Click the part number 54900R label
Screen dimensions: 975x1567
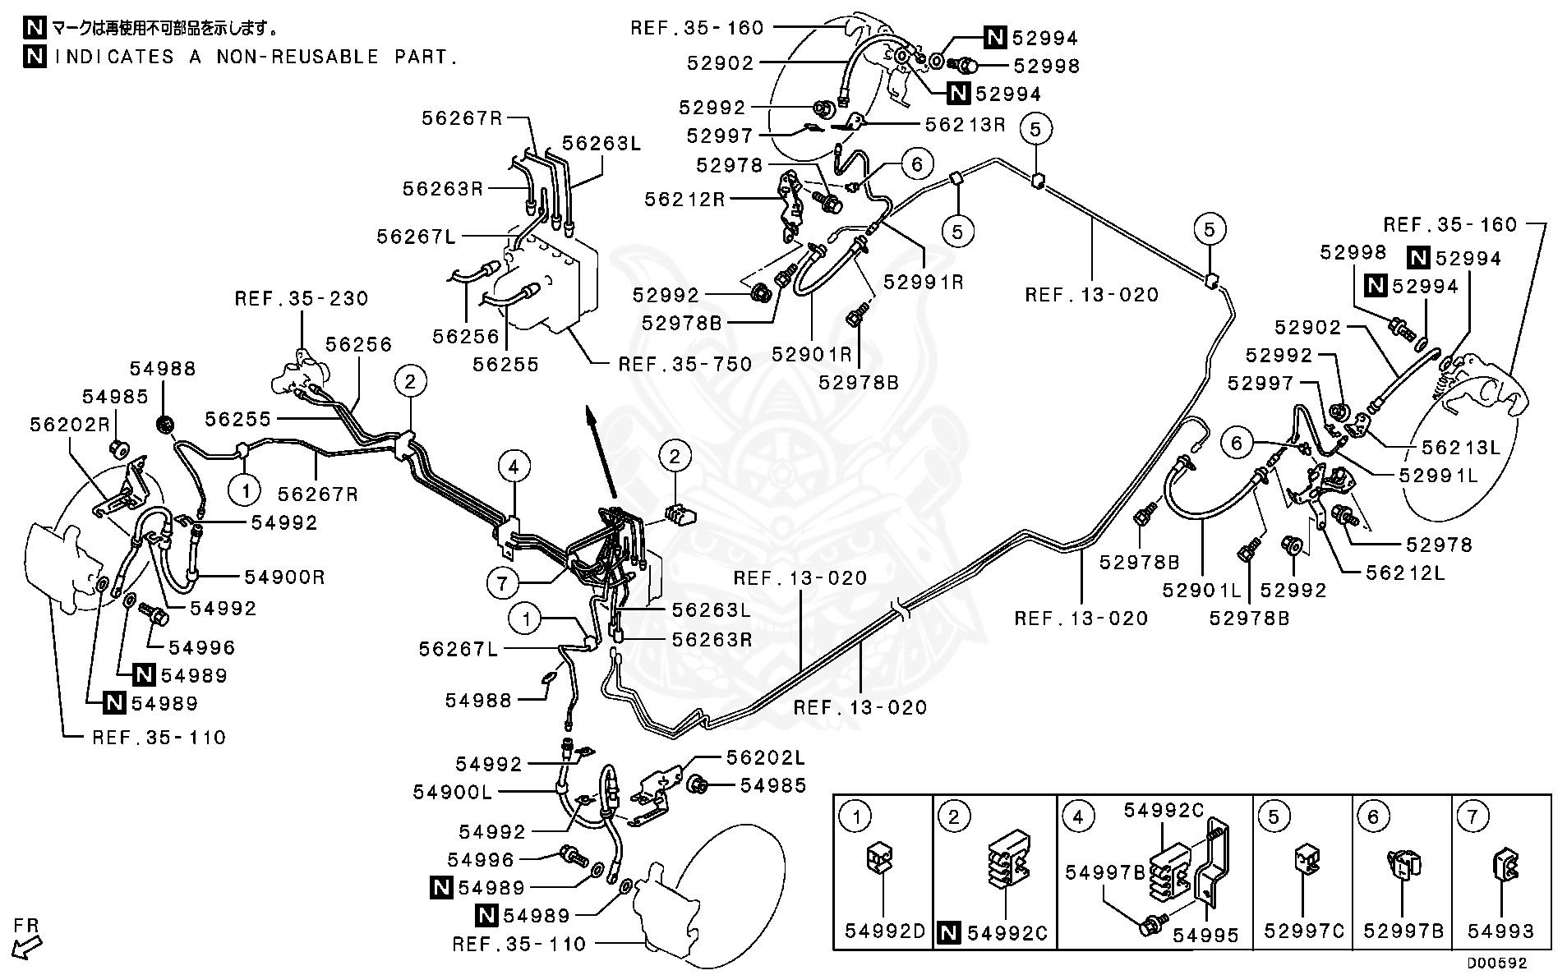284,577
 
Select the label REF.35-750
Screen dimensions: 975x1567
684,363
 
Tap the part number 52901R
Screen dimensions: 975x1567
812,354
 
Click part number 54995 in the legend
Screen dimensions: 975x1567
1205,935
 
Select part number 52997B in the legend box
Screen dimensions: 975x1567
1403,931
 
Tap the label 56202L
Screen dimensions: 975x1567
766,757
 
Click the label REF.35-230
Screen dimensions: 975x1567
302,298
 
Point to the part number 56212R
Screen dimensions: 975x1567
684,199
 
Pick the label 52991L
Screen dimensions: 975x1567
1438,475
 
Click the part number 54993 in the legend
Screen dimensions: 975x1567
1501,931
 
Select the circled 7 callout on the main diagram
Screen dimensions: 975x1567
503,584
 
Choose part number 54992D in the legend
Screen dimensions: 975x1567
885,931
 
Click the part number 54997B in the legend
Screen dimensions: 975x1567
1104,872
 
